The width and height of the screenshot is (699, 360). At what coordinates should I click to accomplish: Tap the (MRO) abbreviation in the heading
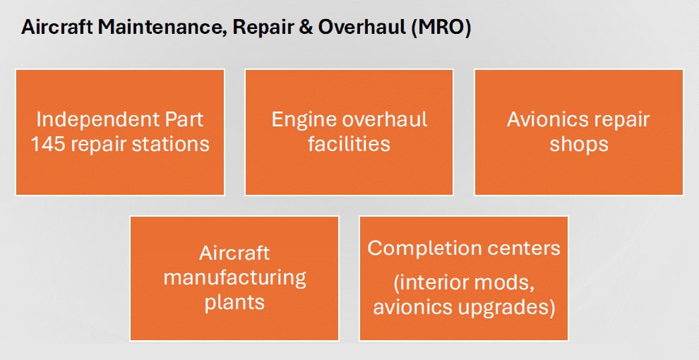pyautogui.click(x=441, y=28)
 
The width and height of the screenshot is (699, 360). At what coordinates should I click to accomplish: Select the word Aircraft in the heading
pyautogui.click(x=57, y=28)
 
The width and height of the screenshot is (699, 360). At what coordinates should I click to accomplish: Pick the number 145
pyautogui.click(x=48, y=145)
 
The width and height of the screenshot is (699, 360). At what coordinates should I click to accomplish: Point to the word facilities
pyautogui.click(x=349, y=144)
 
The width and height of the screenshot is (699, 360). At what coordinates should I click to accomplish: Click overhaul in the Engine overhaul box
pyautogui.click(x=384, y=119)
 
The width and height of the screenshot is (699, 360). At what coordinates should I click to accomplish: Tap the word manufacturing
pyautogui.click(x=234, y=278)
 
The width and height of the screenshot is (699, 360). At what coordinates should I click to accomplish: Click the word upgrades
pyautogui.click(x=508, y=308)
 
